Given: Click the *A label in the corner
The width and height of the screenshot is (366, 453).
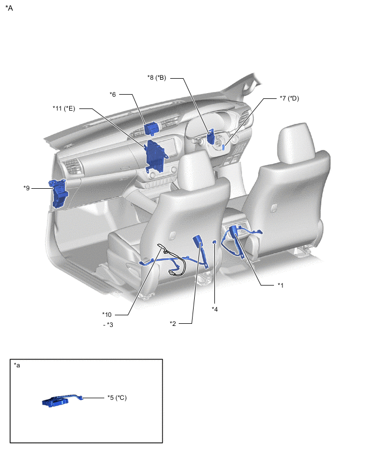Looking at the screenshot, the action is pyautogui.click(x=9, y=8).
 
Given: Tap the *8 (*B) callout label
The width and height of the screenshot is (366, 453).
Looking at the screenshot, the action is pyautogui.click(x=157, y=78).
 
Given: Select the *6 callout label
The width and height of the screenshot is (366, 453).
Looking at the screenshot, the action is pyautogui.click(x=113, y=95).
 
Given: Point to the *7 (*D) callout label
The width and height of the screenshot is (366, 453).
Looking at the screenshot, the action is pyautogui.click(x=289, y=98).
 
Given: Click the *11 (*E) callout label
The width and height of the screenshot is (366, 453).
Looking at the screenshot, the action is pyautogui.click(x=64, y=108).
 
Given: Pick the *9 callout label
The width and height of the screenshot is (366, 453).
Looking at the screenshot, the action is pyautogui.click(x=27, y=188).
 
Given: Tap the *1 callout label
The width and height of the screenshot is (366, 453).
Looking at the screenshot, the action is pyautogui.click(x=280, y=285).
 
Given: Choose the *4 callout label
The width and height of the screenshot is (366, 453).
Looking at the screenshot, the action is pyautogui.click(x=215, y=309).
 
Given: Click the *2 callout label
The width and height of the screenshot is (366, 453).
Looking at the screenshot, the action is pyautogui.click(x=173, y=324).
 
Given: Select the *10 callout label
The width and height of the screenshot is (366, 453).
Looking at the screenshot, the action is pyautogui.click(x=107, y=315).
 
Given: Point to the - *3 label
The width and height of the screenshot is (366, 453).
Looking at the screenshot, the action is pyautogui.click(x=109, y=325).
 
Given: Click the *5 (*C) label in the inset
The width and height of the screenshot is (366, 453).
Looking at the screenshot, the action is pyautogui.click(x=117, y=398).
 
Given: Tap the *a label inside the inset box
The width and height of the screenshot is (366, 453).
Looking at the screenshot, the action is pyautogui.click(x=17, y=365).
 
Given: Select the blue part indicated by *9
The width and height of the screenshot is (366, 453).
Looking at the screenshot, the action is pyautogui.click(x=60, y=194).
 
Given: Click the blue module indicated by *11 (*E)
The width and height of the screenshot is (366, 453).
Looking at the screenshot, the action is pyautogui.click(x=156, y=156).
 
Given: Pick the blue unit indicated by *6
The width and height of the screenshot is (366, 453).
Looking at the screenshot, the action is pyautogui.click(x=151, y=129).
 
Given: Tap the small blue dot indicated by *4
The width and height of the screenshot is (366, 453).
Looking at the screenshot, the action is pyautogui.click(x=214, y=241).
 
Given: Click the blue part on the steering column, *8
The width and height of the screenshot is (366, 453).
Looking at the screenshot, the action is pyautogui.click(x=211, y=137).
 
